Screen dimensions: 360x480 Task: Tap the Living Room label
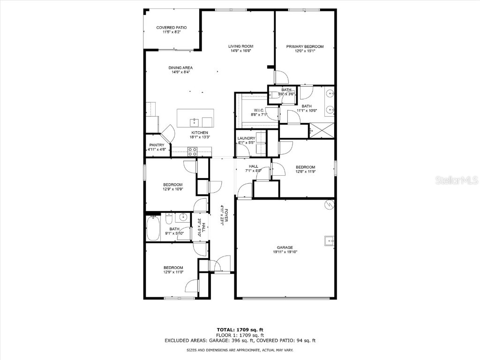(x=241, y=46)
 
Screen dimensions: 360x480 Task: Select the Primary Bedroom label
(x=305, y=46)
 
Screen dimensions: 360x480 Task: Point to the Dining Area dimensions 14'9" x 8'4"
(x=181, y=73)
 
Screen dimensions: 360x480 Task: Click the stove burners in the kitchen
(x=192, y=151)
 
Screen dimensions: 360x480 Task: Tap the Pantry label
(x=156, y=145)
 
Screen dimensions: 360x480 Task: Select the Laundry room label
(x=246, y=138)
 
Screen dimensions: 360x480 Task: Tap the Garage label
(x=285, y=247)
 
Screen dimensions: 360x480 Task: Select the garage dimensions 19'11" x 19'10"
(x=285, y=252)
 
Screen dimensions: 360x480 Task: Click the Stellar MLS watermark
(x=457, y=180)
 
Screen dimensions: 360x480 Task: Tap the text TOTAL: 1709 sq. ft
(x=240, y=330)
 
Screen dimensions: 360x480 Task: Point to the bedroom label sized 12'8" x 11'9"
(x=305, y=167)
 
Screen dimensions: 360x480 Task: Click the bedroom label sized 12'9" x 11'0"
(x=173, y=268)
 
